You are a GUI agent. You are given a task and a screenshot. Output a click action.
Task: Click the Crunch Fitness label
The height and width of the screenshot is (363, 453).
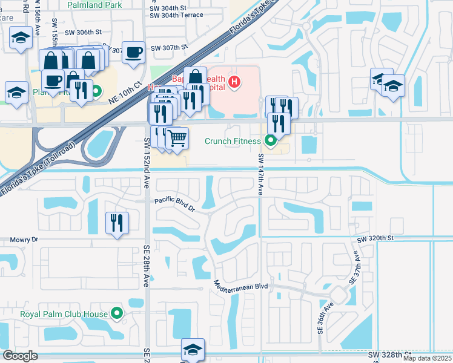coord(232,141)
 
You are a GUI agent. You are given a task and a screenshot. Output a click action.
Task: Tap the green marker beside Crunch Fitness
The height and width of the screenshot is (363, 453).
coord(270,142)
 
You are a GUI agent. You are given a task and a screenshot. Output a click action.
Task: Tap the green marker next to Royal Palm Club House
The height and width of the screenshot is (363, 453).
coord(117,313)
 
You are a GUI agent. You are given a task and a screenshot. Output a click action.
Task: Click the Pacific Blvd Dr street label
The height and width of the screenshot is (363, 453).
coord(174,204)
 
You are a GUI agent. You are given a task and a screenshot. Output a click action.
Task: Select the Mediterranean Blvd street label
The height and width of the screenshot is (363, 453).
coord(241,284)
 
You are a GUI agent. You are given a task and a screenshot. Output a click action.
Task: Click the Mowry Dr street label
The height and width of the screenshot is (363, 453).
coord(24,240)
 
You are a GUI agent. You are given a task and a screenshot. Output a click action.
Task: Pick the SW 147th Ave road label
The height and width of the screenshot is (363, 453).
coord(260,174)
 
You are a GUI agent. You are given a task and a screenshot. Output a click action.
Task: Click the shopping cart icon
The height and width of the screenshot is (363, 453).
coord(177,138)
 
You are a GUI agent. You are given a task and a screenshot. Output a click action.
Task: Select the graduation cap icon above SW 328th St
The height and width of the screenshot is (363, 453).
coord(193,350)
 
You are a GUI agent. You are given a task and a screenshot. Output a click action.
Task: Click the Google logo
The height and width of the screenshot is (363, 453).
coord(20,356)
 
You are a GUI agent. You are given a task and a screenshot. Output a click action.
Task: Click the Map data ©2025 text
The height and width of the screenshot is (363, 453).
coord(427,358)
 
